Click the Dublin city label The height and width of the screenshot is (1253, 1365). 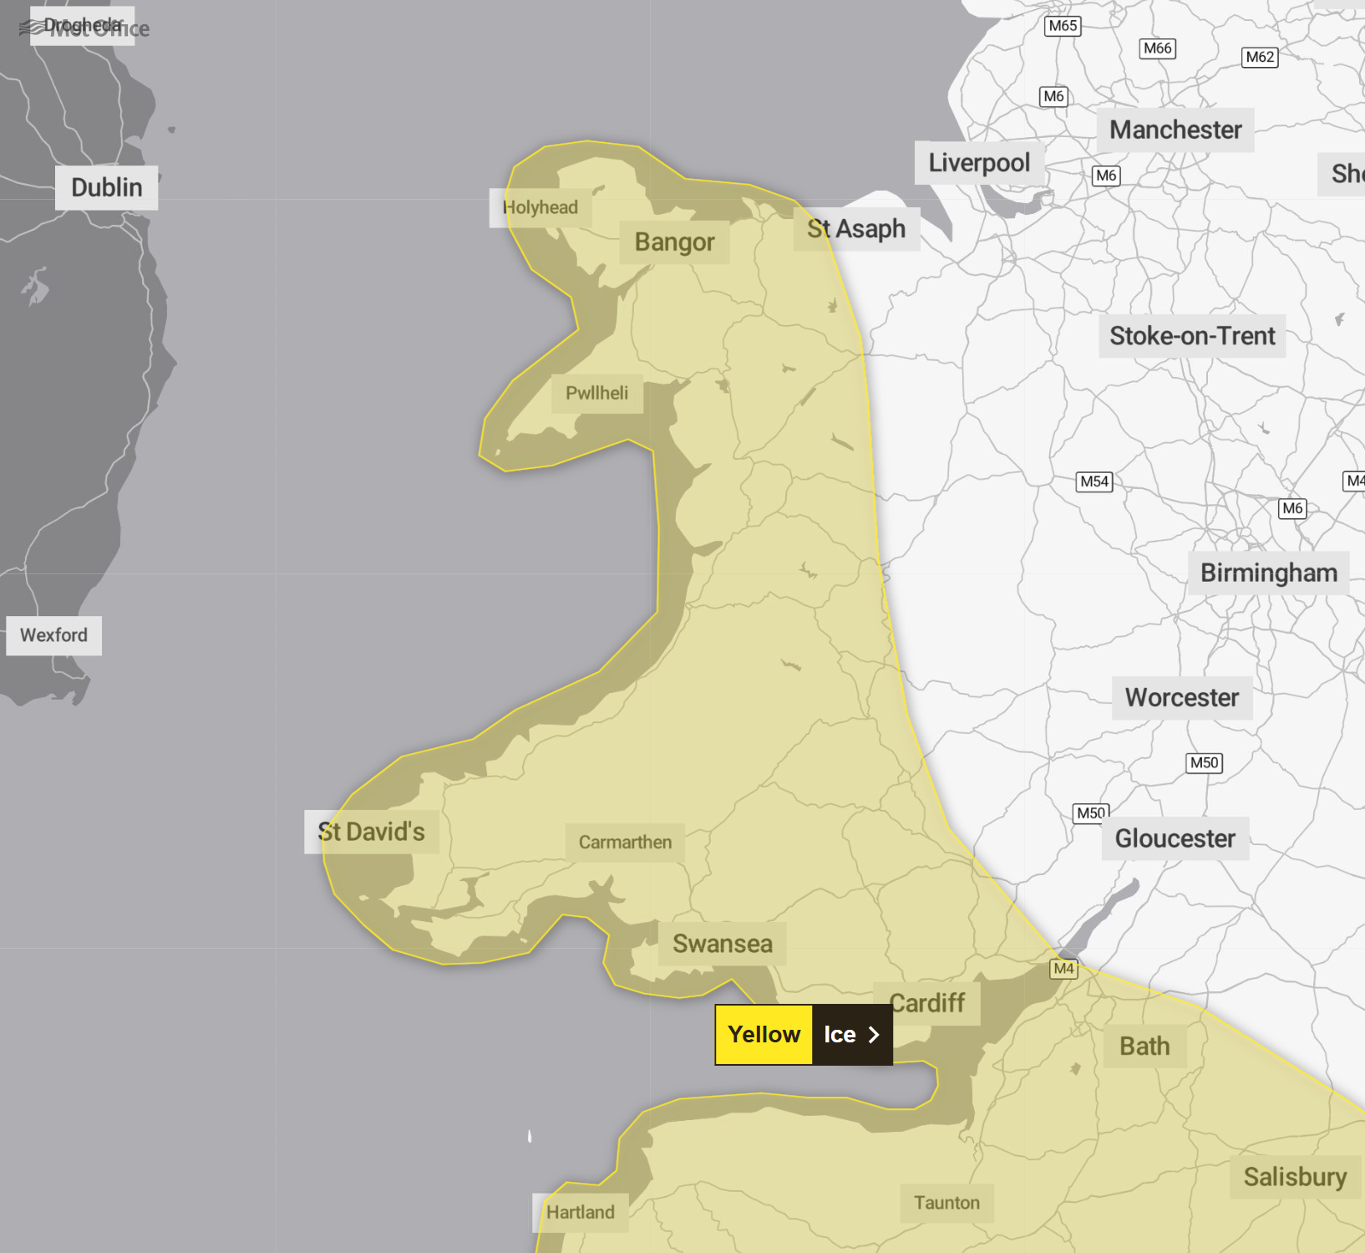point(106,187)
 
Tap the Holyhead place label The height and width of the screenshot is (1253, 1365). point(540,207)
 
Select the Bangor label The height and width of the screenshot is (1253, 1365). point(674,242)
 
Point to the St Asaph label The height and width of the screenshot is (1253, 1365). point(855,229)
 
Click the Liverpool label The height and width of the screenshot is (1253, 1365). point(979,163)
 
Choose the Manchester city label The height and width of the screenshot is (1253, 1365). point(1175,130)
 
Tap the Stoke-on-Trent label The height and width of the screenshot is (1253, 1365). point(1192,336)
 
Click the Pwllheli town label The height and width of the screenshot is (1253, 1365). point(596,393)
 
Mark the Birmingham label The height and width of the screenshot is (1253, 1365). point(1268,573)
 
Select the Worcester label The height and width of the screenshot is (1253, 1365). point(1181,698)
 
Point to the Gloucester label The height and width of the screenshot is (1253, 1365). point(1175,838)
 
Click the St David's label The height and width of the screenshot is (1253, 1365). point(371,832)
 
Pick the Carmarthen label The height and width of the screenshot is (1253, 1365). point(625,843)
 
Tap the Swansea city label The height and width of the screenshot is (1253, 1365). point(722,944)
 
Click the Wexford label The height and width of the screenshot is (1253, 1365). point(53,635)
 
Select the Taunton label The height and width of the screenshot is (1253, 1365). point(946,1203)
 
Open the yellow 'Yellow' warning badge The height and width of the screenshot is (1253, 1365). point(764,1035)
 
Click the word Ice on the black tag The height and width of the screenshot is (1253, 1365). point(840,1035)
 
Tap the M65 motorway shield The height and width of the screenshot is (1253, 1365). point(1063,26)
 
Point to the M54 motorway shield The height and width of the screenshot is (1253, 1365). point(1094,481)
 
